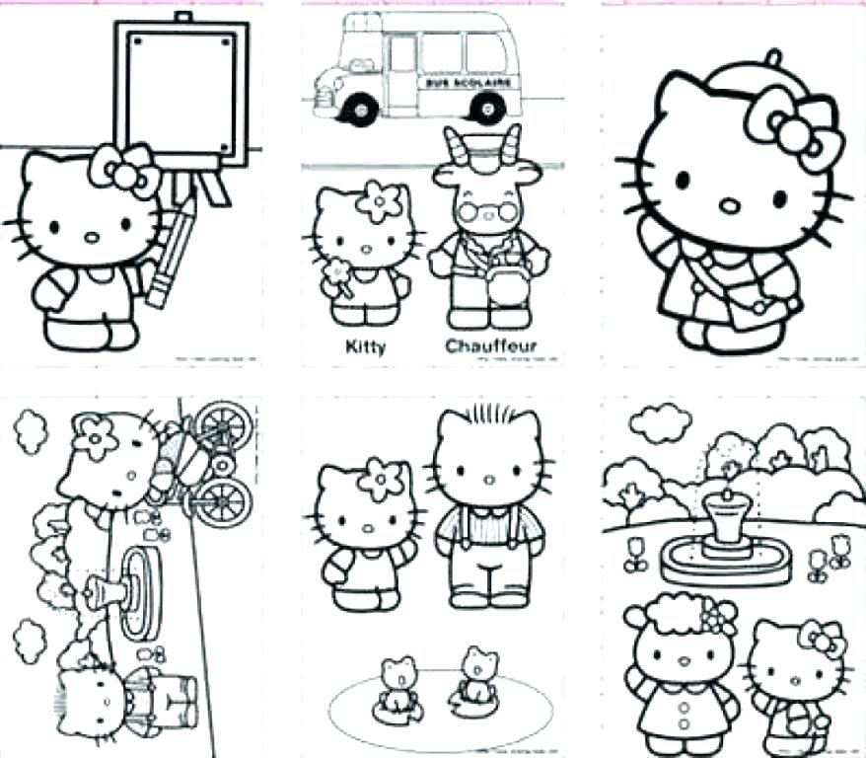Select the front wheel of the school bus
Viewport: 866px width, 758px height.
[362, 107]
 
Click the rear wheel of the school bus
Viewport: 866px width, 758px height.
[485, 107]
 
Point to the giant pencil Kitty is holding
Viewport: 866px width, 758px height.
[170, 253]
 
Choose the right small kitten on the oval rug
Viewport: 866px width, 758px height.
[476, 675]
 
